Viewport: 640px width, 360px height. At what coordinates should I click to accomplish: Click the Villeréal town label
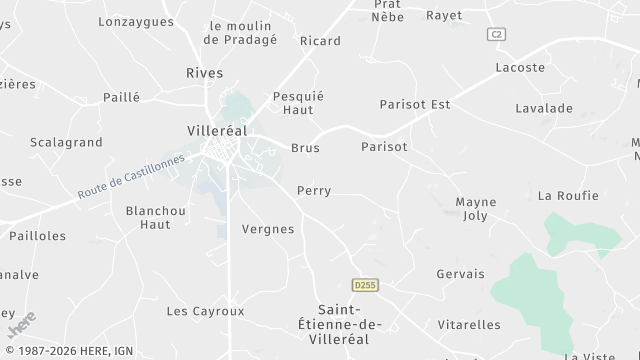click(217, 131)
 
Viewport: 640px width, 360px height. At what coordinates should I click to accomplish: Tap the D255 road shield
click(365, 285)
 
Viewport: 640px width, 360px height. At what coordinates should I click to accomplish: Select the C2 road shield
click(496, 34)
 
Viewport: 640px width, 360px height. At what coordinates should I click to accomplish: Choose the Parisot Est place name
click(415, 104)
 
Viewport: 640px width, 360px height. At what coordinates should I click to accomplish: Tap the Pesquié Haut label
click(298, 103)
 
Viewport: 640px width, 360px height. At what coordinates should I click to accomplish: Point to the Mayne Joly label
click(476, 208)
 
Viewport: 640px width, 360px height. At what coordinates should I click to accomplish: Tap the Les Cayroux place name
click(205, 311)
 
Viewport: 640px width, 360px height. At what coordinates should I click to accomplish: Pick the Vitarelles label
click(469, 325)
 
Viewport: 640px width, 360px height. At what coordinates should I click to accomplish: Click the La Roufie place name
click(568, 195)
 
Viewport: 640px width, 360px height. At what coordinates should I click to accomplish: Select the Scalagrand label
click(66, 143)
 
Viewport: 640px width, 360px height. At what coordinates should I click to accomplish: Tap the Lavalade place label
click(543, 107)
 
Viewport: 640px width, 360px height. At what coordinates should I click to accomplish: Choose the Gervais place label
click(460, 274)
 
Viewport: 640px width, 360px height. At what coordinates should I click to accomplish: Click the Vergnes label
click(268, 229)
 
